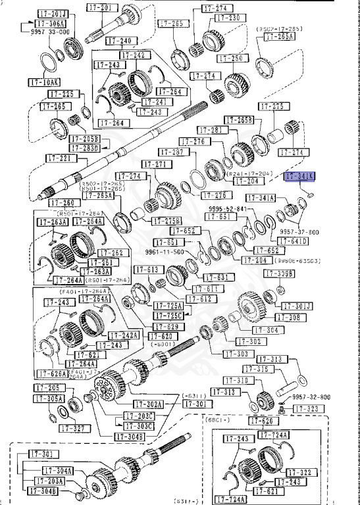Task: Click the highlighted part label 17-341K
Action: (x=300, y=176)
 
